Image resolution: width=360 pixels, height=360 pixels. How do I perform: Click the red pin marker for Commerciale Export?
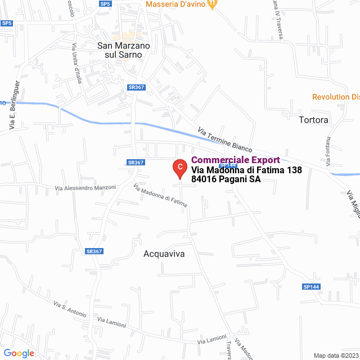(x=179, y=168)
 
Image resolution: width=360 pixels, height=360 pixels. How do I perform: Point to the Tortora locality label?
(x=314, y=120)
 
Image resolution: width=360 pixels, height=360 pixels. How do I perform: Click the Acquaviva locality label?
(x=164, y=254)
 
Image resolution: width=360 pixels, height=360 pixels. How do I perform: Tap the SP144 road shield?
(x=310, y=287)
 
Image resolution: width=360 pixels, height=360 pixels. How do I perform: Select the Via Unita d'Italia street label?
(x=78, y=64)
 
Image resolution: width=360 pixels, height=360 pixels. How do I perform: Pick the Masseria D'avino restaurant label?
(x=175, y=4)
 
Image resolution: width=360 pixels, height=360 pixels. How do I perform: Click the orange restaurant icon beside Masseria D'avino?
(x=211, y=4)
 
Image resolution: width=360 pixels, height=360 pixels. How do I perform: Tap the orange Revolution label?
(x=335, y=97)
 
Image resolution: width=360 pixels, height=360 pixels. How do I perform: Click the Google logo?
(x=19, y=353)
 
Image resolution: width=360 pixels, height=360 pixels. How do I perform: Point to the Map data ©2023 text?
(x=335, y=355)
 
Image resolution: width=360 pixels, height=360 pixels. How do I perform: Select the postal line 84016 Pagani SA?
(x=226, y=179)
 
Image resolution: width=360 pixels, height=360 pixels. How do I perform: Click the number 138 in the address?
(x=295, y=170)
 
